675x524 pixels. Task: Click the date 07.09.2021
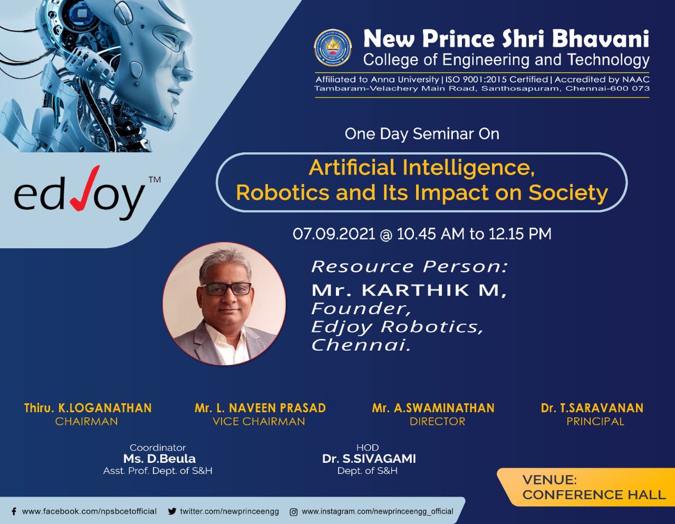pos(334,234)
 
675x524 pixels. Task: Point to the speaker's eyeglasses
pos(226,288)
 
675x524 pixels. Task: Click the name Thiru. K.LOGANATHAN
pos(88,408)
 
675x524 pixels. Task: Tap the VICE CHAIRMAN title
pos(259,422)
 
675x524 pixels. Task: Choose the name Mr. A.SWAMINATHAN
pos(433,408)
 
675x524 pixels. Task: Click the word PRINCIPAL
pos(595,422)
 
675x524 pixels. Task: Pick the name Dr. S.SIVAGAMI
pos(369,459)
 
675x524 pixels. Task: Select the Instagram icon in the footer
pos(294,512)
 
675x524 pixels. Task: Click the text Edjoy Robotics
pos(397,327)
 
